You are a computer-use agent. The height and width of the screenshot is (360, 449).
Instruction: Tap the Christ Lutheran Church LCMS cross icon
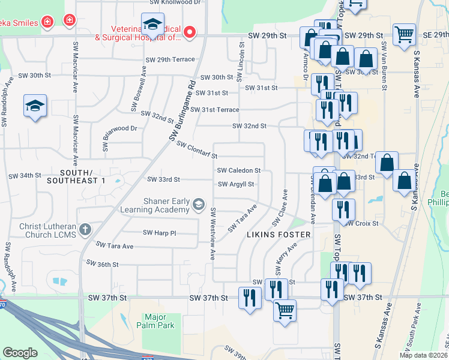pyautogui.click(x=85, y=229)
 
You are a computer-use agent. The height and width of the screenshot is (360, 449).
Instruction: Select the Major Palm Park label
pyautogui.click(x=159, y=321)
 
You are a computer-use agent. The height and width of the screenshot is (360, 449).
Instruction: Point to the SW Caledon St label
pyautogui.click(x=239, y=170)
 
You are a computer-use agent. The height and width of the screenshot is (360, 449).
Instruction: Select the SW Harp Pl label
pyautogui.click(x=159, y=232)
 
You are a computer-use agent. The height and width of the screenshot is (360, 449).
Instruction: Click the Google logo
pyautogui.click(x=20, y=353)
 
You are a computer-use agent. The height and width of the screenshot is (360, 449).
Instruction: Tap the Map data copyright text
pyautogui.click(x=423, y=355)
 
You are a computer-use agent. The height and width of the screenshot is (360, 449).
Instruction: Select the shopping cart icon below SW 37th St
pyautogui.click(x=285, y=311)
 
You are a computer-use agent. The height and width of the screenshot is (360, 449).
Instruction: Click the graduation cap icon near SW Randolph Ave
pyautogui.click(x=35, y=107)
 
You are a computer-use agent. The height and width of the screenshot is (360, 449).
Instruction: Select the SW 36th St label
pyautogui.click(x=103, y=263)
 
